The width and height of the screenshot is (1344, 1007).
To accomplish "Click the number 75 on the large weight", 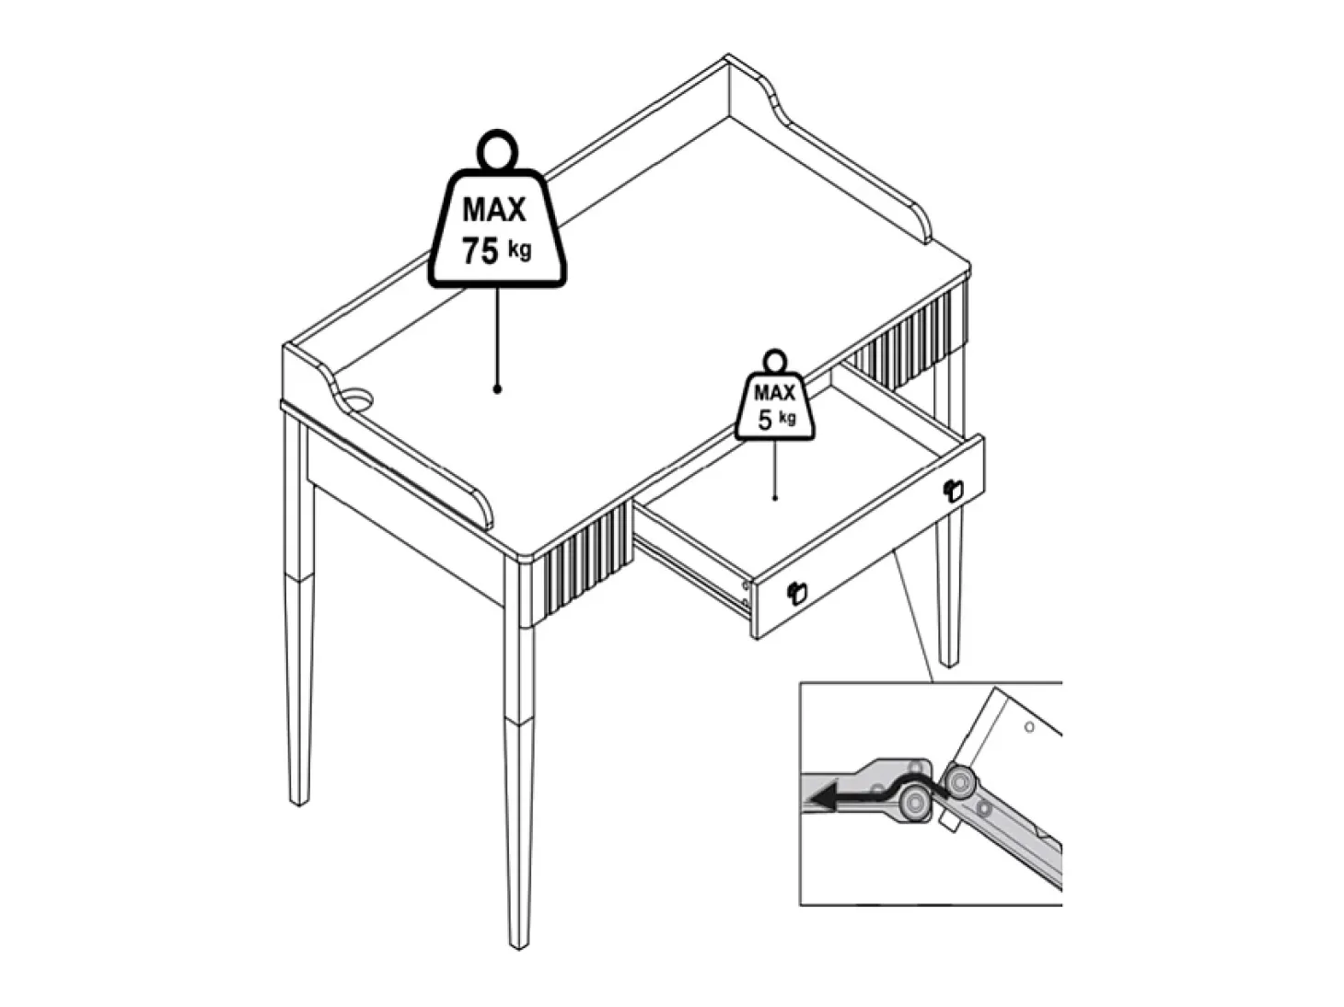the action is (480, 251).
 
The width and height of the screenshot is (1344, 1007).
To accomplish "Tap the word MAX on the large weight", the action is (493, 210).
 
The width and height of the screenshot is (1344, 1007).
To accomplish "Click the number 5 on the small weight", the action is (765, 421).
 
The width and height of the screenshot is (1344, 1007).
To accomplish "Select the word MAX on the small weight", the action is (774, 392).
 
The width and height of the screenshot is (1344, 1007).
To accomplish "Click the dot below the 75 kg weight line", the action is (497, 389).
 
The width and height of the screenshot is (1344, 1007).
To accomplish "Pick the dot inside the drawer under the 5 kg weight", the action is (775, 498).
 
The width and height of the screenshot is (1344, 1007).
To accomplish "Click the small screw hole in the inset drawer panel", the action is (1029, 727).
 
